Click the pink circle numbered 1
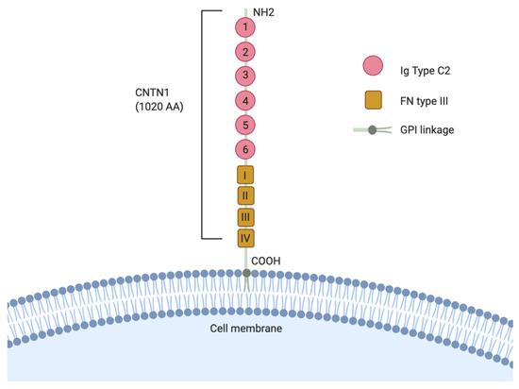click(x=245, y=28)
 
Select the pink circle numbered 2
click(x=245, y=52)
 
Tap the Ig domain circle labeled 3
click(x=245, y=76)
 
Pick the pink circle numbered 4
click(x=245, y=99)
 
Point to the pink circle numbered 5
click(x=245, y=123)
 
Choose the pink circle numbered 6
click(x=245, y=147)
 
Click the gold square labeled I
click(x=245, y=175)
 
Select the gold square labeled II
click(x=245, y=195)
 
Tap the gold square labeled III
click(x=245, y=217)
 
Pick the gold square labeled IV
click(x=245, y=238)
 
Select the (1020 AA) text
click(x=158, y=107)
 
